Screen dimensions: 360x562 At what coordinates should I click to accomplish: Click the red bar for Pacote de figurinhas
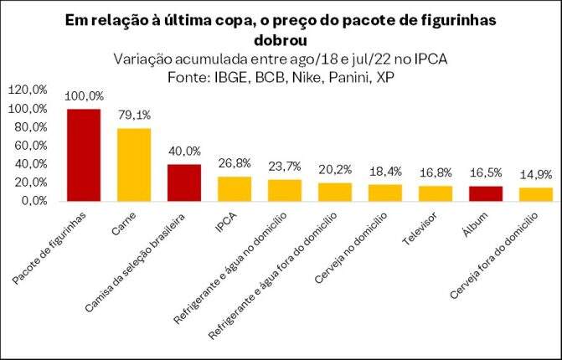coord(84,155)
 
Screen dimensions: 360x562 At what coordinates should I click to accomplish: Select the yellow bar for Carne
coord(134,165)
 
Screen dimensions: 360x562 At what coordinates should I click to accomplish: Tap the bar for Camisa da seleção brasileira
coord(184,183)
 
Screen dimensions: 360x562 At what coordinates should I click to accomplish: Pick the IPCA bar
coord(235,189)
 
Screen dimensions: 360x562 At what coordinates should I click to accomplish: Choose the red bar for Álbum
coord(486,193)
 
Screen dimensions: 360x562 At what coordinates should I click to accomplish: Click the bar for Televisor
coord(436,193)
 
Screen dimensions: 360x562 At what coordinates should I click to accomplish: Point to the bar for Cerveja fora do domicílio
coord(536,194)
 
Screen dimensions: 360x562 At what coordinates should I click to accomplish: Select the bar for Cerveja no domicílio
coord(385,193)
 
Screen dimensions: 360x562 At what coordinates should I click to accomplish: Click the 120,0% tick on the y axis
coord(28,90)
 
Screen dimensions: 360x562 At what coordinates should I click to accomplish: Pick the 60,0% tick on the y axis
coord(31,146)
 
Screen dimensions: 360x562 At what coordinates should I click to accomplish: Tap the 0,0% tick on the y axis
coord(34,201)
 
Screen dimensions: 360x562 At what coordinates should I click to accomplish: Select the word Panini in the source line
coord(338,77)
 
